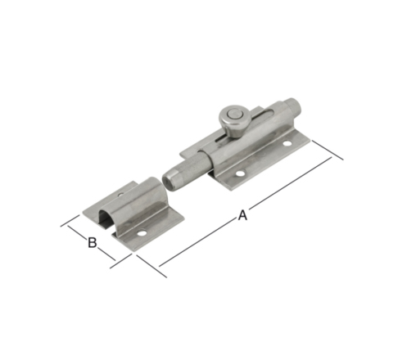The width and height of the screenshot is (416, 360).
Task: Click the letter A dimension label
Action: pyautogui.click(x=242, y=215)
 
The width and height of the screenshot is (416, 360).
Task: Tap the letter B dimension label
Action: pyautogui.click(x=93, y=242)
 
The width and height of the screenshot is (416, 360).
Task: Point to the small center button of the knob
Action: pyautogui.click(x=233, y=114)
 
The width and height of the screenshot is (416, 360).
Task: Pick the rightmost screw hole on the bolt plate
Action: pyautogui.click(x=287, y=143)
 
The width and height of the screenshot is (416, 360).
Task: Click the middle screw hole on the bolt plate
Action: pyautogui.click(x=240, y=173)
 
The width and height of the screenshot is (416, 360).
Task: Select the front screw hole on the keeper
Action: pyautogui.click(x=142, y=233)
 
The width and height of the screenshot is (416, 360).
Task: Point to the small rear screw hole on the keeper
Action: pyautogui.click(x=120, y=195)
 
